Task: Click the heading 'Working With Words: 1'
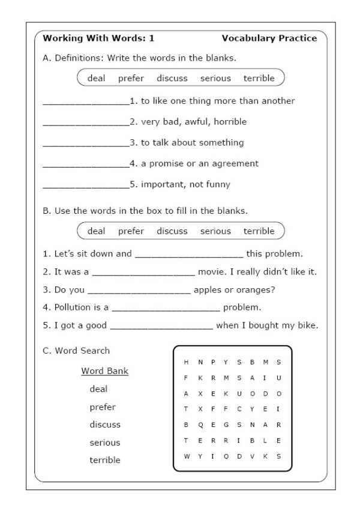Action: click(98, 38)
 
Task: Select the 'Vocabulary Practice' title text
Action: click(269, 38)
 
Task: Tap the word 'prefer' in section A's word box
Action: click(131, 78)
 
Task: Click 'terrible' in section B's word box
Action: click(259, 231)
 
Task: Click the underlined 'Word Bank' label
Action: click(105, 371)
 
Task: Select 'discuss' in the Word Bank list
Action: click(105, 425)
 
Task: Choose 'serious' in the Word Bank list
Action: click(105, 443)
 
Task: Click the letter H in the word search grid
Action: click(186, 362)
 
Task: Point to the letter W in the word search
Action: click(186, 456)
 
